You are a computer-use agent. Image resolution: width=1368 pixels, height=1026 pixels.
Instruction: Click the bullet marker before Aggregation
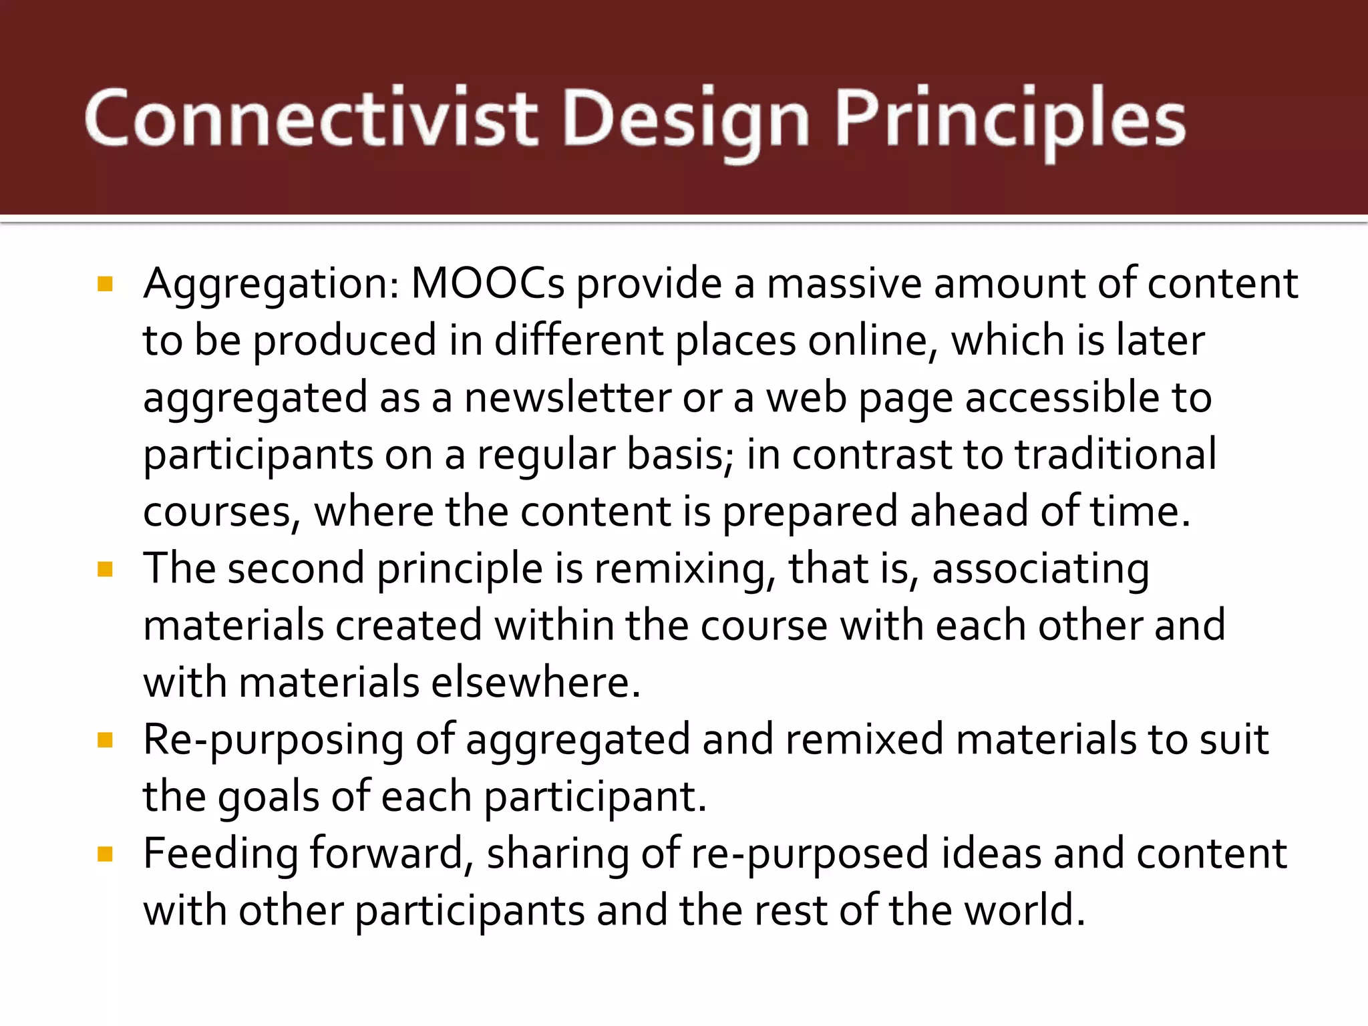point(106,285)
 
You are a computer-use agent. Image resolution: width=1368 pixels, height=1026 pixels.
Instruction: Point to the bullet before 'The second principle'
point(106,569)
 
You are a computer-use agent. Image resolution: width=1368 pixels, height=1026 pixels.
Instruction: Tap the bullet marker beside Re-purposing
point(106,740)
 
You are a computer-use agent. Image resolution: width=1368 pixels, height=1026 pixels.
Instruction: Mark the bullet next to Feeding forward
point(106,854)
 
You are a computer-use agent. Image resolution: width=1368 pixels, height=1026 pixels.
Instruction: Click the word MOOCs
point(488,283)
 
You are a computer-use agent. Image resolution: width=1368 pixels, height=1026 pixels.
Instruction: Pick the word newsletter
point(567,397)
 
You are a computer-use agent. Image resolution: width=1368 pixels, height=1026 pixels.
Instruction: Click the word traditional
point(1116,454)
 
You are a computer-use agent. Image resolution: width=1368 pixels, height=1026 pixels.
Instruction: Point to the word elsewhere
point(535,683)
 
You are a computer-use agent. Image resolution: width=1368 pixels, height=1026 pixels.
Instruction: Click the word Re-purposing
point(273,740)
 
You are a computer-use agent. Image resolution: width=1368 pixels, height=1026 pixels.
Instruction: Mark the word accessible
point(1062,397)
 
